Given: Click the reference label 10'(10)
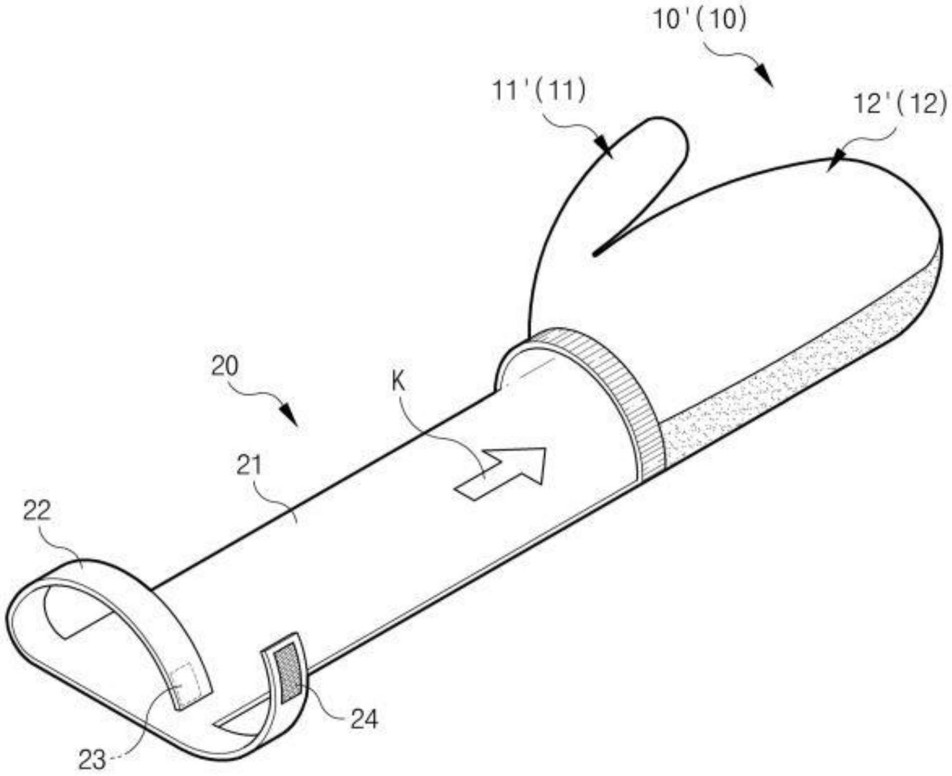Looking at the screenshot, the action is point(700,20).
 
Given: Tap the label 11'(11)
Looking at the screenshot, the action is point(538,91).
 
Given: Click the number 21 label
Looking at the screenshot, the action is point(250,465).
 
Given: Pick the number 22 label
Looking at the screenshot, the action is point(37,511).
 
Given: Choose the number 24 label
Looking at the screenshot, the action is point(364,719).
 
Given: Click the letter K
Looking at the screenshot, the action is point(398,382).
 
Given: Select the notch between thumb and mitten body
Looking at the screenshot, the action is point(597,253).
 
